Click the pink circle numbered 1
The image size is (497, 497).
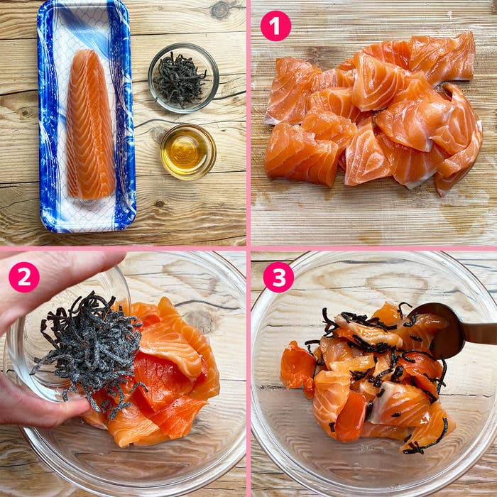pyautogui.click(x=275, y=26)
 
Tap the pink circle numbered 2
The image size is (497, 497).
pyautogui.click(x=24, y=277)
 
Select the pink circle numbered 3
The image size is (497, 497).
pyautogui.click(x=278, y=277)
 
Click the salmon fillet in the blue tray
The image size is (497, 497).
pyautogui.click(x=91, y=125)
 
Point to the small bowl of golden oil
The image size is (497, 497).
pyautogui.click(x=188, y=152)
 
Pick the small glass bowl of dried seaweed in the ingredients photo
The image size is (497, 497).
pyautogui.click(x=183, y=78)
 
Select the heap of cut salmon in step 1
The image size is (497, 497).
pyautogui.click(x=373, y=114)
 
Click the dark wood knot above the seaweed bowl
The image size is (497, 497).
pyautogui.click(x=219, y=10)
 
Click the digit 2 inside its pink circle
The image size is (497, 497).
pyautogui.click(x=24, y=277)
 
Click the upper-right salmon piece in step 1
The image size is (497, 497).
pyautogui.click(x=444, y=57)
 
